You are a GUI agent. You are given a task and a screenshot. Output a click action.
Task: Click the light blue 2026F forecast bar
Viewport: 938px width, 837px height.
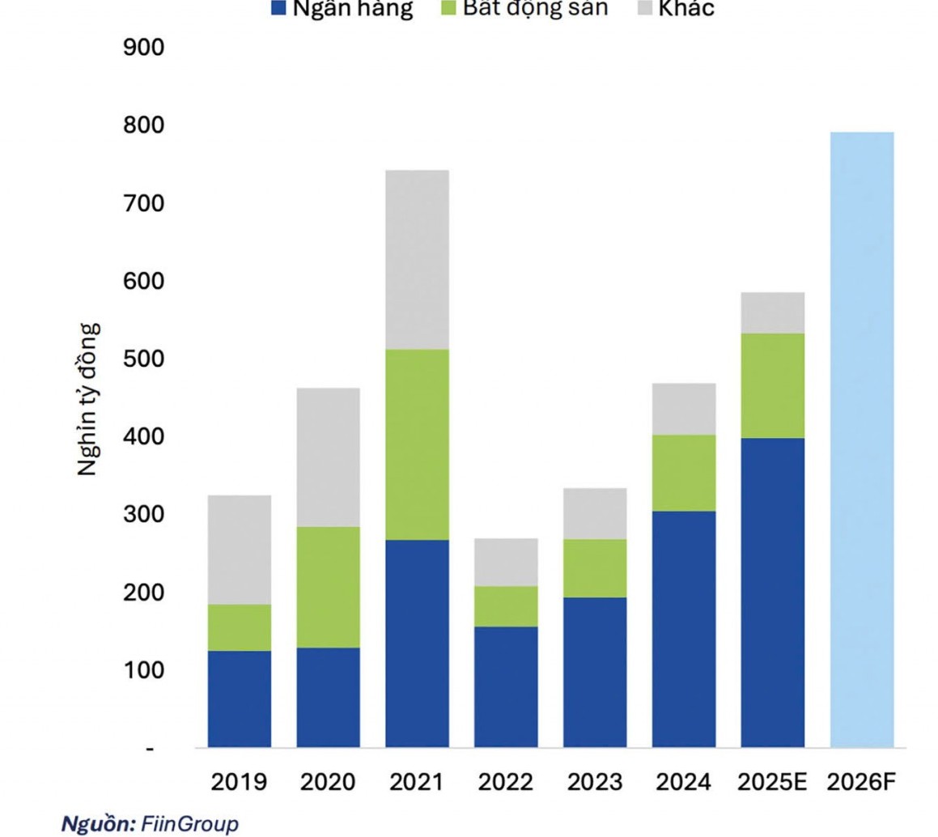pos(862,439)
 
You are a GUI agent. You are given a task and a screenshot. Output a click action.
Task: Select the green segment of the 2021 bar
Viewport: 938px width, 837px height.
pos(417,444)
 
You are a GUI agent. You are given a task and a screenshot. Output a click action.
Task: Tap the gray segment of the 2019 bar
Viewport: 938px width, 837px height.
pos(239,550)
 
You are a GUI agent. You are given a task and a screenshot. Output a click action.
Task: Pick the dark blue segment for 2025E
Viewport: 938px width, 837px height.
pos(772,592)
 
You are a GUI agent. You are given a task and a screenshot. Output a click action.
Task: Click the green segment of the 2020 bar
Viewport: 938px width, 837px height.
pos(328,587)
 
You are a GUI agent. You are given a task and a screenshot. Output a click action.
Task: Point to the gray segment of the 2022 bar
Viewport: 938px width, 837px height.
pos(506,562)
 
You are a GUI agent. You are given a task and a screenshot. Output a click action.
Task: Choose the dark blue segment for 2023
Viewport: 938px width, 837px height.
pos(595,672)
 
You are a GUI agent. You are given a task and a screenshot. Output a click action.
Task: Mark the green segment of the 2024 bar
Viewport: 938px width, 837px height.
pos(684,473)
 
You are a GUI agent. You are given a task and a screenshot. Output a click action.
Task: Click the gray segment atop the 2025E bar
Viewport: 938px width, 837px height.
pos(772,312)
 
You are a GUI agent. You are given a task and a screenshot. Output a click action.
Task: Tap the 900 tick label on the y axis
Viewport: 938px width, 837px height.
pos(143,48)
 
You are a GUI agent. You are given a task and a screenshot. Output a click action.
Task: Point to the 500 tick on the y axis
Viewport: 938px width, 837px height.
pos(143,359)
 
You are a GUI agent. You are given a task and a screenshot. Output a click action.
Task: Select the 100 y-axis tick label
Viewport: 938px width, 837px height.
pos(143,670)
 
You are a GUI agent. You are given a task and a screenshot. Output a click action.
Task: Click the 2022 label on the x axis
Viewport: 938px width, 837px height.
pos(506,783)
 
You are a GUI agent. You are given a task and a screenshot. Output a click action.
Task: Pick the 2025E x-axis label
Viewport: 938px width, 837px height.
pos(772,783)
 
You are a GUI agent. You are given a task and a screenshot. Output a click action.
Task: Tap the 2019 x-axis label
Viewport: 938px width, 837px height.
pos(239,783)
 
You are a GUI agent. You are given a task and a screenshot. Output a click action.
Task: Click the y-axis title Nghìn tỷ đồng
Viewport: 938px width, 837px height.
pos(89,399)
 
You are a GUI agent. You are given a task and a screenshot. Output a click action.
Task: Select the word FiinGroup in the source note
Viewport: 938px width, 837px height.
pos(190,824)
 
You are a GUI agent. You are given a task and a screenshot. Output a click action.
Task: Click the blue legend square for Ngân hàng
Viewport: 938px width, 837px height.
pos(278,8)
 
